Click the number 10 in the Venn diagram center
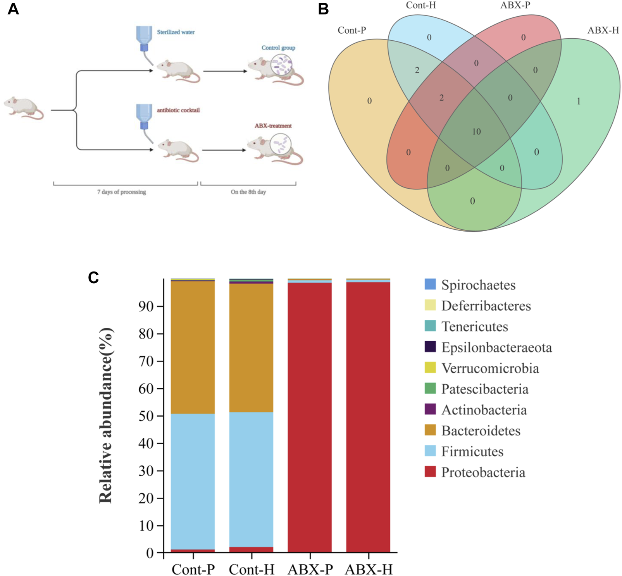coord(476,132)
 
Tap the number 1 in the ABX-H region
coord(579,101)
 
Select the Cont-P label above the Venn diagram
coord(351,30)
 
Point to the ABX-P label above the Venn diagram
coord(515,5)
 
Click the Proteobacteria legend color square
coord(430,472)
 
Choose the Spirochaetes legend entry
coord(478,285)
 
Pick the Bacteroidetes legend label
coord(481,431)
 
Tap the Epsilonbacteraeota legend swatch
coord(430,347)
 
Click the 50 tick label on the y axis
coord(146,416)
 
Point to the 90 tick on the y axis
coord(146,306)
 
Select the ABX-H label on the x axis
coord(369,569)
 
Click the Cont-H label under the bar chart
coord(252,569)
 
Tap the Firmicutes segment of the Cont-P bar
coord(193,480)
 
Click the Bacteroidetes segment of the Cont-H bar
coord(251,349)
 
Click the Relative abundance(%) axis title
coord(106,415)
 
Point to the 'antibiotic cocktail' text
coord(178,110)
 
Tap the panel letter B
coord(323,9)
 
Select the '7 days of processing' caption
coord(121,192)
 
